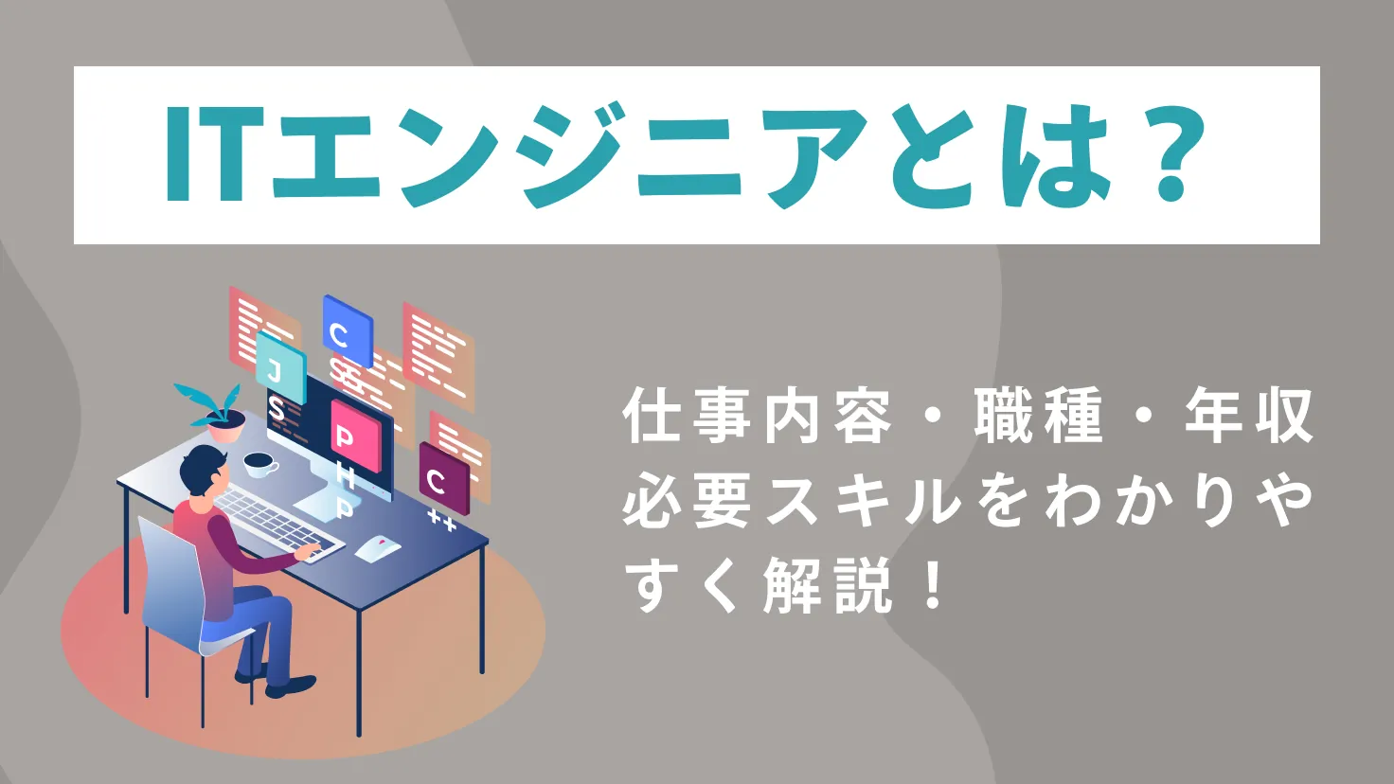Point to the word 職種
point(1039,418)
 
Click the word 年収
point(1249,418)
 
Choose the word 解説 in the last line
point(827,586)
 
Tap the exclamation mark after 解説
point(932,586)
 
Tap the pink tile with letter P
point(355,436)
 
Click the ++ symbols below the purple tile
point(441,519)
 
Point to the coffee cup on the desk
point(259,464)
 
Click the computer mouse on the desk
point(378,548)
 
